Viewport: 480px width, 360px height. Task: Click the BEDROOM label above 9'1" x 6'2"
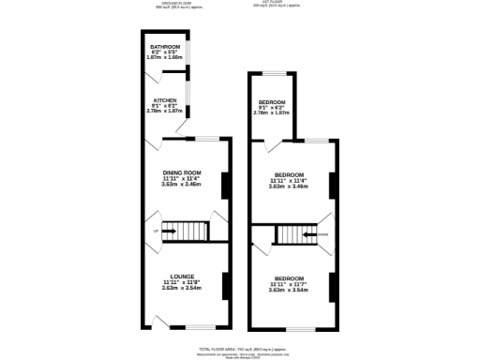272,101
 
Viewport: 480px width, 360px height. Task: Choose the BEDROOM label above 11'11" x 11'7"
289,278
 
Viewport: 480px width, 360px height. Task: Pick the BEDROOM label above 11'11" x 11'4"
289,174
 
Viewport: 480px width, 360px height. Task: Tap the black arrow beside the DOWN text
309,235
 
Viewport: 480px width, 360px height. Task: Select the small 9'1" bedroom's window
274,72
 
